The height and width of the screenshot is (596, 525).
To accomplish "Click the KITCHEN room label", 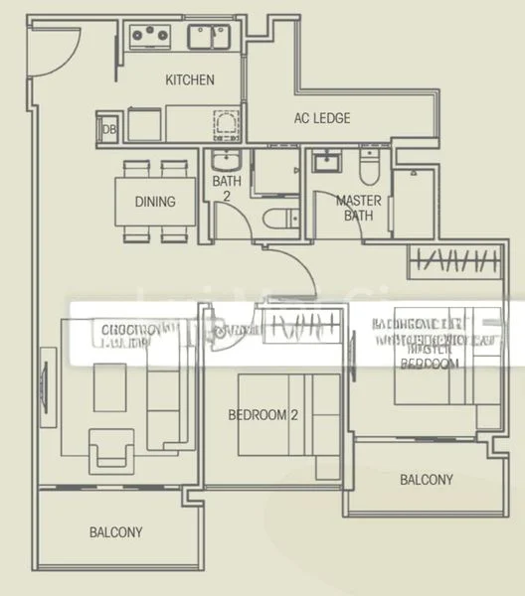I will pyautogui.click(x=189, y=79).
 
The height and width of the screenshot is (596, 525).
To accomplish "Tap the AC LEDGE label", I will pyautogui.click(x=321, y=118).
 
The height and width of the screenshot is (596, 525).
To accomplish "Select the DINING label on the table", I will pyautogui.click(x=155, y=202).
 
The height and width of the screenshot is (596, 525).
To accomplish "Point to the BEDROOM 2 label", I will pyautogui.click(x=262, y=415).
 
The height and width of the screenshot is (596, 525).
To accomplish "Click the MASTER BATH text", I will pyautogui.click(x=357, y=208).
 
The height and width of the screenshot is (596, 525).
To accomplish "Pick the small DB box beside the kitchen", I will pyautogui.click(x=106, y=128).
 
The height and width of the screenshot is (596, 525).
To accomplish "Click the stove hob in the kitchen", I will pyautogui.click(x=149, y=37).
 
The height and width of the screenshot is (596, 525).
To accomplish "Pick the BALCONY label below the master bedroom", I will pyautogui.click(x=426, y=480).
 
